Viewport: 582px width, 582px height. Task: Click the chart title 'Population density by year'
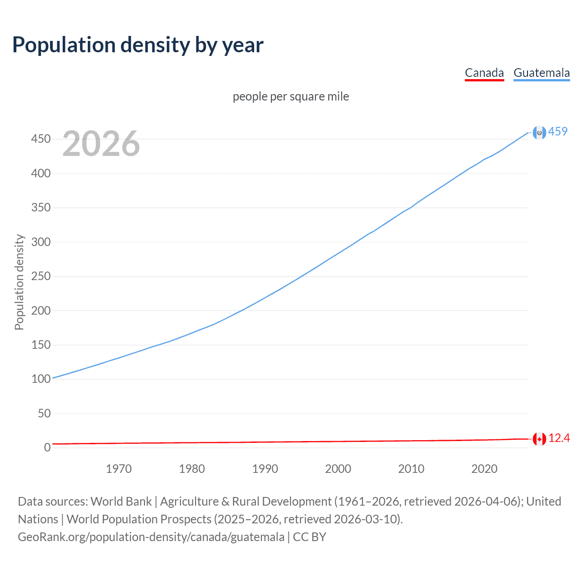click(x=138, y=45)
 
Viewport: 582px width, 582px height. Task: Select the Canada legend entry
click(x=484, y=73)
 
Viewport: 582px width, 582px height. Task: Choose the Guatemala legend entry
click(x=542, y=73)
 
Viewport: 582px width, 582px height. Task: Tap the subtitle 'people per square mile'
click(x=291, y=96)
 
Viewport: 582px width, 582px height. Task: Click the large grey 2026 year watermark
click(x=101, y=144)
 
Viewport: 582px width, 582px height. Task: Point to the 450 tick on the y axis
click(x=41, y=139)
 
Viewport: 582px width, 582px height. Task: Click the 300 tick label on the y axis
click(x=41, y=242)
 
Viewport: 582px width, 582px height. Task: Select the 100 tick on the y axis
click(x=41, y=379)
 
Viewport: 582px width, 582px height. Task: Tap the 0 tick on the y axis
click(x=47, y=447)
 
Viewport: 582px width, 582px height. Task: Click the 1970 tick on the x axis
click(x=119, y=469)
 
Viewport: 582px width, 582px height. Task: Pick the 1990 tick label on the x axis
click(x=265, y=469)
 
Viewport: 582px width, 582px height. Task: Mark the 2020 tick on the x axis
click(x=484, y=469)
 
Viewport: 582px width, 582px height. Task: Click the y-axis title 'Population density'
click(x=19, y=282)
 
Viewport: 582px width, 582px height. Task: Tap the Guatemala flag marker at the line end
click(x=539, y=132)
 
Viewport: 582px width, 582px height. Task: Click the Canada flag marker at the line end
click(x=539, y=439)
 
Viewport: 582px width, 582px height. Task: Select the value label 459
click(x=558, y=131)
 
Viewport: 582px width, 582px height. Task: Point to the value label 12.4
click(x=559, y=438)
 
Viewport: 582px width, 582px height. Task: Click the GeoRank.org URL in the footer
click(x=151, y=537)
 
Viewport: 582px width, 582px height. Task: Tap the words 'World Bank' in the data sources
click(x=121, y=502)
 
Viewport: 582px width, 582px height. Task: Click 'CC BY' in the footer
click(x=310, y=537)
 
